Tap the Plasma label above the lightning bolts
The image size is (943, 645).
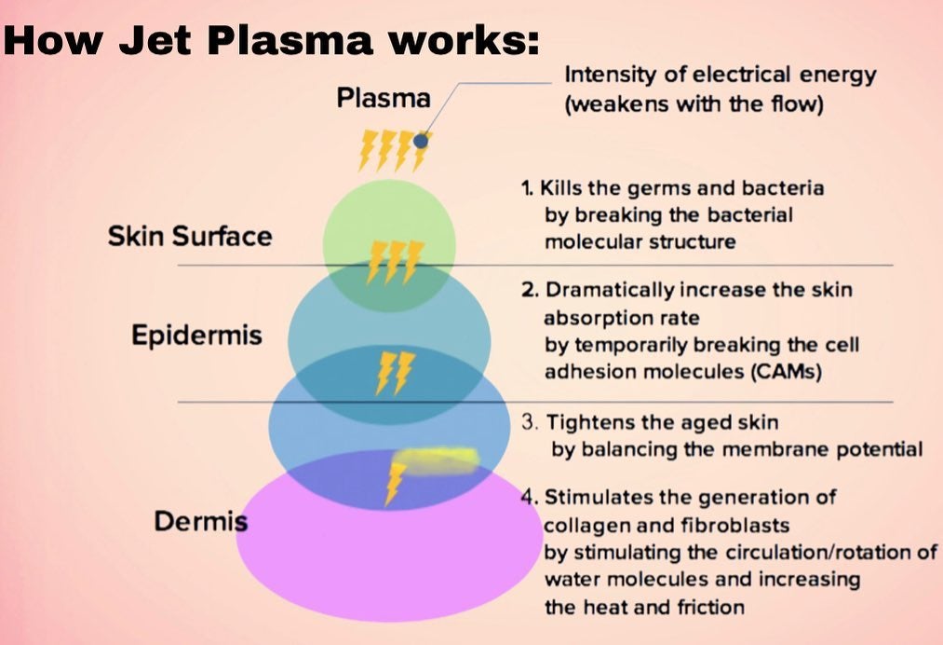(384, 98)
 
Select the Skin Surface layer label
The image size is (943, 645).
(190, 236)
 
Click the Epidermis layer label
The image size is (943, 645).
(196, 336)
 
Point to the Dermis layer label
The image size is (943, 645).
(201, 522)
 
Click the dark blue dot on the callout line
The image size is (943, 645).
(421, 141)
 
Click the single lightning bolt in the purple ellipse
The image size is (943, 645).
(395, 483)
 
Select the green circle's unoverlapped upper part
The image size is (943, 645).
(388, 210)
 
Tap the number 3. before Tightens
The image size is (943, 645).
(529, 422)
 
